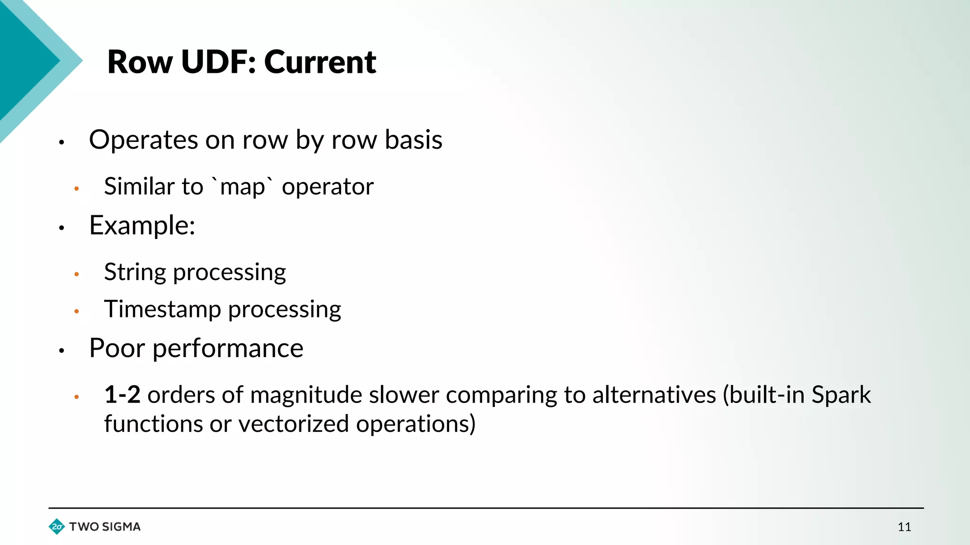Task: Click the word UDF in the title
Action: coord(218,62)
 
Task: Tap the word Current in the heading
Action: coord(320,62)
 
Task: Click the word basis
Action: coord(413,141)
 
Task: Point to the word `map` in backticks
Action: coord(242,186)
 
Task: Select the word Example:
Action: coord(142,226)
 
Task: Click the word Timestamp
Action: coord(162,310)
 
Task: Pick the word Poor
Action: coord(117,349)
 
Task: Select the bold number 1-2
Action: coord(122,395)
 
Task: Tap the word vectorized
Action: coord(294,424)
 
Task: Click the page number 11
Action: coord(904,527)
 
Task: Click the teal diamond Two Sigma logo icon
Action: coord(57,527)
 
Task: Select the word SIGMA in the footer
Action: coord(121,527)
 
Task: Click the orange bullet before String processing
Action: coord(77,274)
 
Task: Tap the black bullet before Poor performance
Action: coord(62,351)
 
